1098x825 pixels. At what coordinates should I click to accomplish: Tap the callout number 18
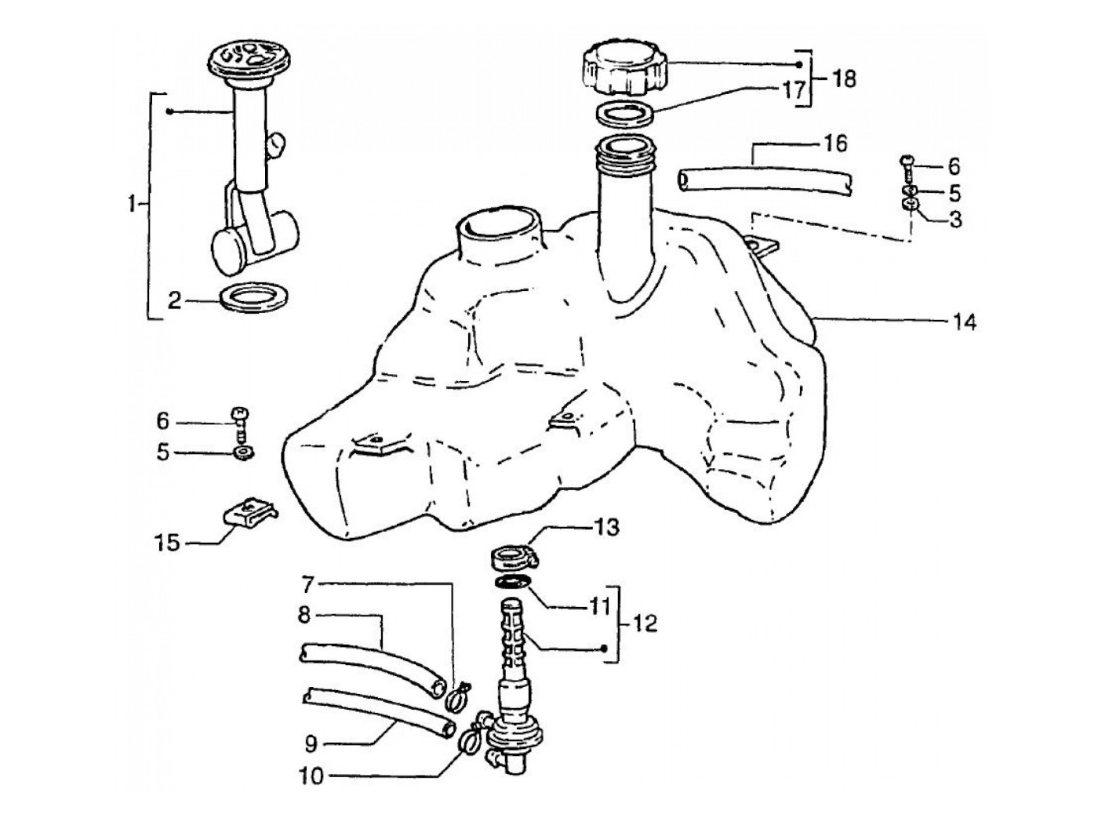click(844, 79)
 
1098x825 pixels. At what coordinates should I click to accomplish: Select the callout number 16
click(834, 144)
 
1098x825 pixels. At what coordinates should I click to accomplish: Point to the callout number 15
click(167, 543)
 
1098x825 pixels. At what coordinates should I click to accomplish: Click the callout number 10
click(311, 776)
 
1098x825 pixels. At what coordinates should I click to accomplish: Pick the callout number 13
click(606, 527)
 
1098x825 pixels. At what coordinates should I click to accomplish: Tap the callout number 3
click(955, 219)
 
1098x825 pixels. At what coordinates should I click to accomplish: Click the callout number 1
click(132, 203)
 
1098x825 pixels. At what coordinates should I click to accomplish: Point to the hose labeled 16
click(765, 183)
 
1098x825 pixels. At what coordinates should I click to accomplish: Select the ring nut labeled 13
click(514, 558)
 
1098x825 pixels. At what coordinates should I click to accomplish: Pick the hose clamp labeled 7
click(456, 697)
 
